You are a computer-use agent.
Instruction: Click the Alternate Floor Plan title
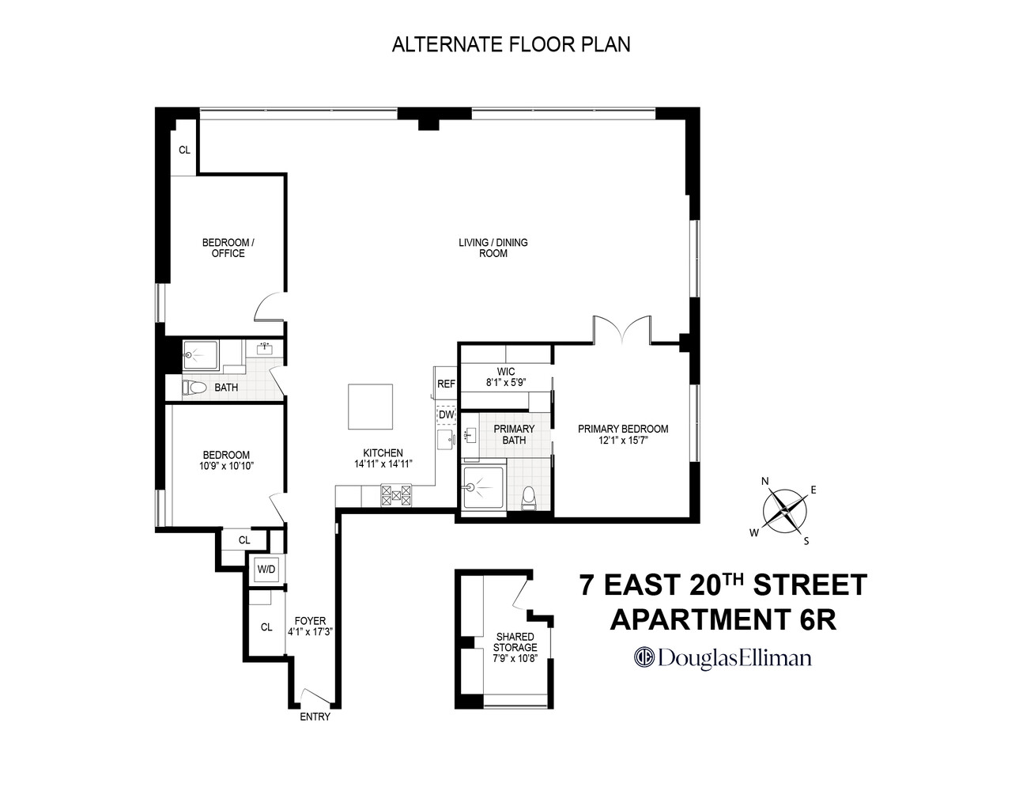pyautogui.click(x=511, y=44)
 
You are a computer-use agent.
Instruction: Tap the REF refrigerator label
pyautogui.click(x=446, y=384)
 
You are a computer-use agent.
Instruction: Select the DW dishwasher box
pyautogui.click(x=446, y=414)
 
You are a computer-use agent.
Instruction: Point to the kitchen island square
pyautogui.click(x=371, y=407)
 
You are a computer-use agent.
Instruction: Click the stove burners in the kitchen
pyautogui.click(x=396, y=495)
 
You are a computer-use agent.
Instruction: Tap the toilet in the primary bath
pyautogui.click(x=530, y=498)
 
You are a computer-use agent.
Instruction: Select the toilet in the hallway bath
pyautogui.click(x=194, y=388)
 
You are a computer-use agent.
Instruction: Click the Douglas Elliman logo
pyautogui.click(x=723, y=657)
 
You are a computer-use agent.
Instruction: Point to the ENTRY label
pyautogui.click(x=315, y=717)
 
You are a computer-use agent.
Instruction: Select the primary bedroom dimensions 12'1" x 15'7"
pyautogui.click(x=623, y=441)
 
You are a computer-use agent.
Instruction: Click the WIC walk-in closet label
pyautogui.click(x=506, y=371)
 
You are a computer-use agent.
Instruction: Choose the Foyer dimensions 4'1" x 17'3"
pyautogui.click(x=310, y=632)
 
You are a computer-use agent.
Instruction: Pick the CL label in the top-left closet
pyautogui.click(x=184, y=149)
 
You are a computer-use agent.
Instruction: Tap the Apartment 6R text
pyautogui.click(x=723, y=619)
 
